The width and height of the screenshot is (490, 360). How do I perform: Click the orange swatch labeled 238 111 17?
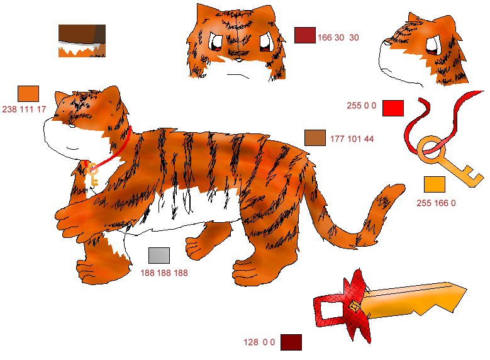28,94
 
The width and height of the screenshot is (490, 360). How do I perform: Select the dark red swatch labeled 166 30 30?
304,35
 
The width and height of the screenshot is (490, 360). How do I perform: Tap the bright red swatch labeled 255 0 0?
393,108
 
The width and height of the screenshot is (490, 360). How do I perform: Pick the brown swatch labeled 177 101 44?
315,138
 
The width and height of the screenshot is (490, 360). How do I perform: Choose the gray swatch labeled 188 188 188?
159,256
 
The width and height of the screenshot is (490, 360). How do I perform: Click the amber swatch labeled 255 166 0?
435,184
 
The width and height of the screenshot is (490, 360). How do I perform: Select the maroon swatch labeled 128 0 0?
291,342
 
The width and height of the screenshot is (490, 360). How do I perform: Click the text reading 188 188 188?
164,273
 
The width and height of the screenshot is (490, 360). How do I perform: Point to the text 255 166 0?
436,203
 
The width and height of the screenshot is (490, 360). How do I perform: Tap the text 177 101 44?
352,139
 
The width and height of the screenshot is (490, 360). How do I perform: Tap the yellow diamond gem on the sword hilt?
354,307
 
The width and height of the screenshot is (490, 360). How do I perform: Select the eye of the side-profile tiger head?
432,46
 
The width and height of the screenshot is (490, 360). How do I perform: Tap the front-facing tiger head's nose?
238,60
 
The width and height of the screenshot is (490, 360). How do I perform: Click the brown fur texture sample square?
82,41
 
